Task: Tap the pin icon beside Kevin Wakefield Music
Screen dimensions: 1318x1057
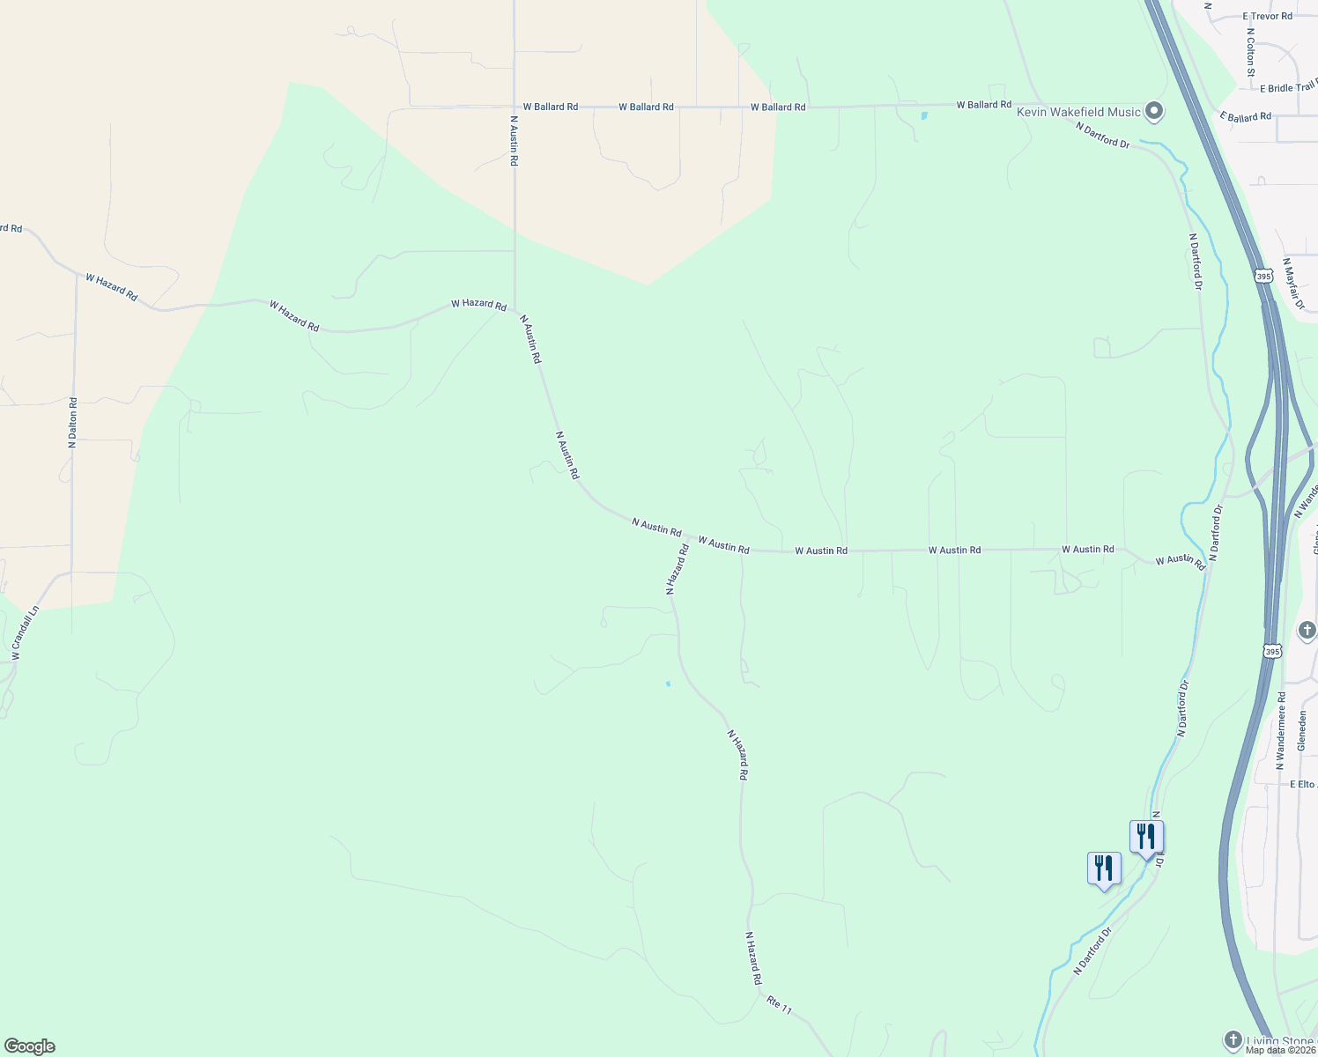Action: (1154, 112)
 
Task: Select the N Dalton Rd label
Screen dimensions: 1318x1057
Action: (73, 423)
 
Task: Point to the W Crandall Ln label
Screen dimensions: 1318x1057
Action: (26, 632)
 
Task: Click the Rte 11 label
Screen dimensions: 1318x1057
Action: (780, 1004)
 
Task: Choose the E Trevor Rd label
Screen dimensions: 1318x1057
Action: (1267, 17)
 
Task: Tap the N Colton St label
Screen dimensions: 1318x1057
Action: (1250, 52)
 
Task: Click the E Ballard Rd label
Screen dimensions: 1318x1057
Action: (1246, 116)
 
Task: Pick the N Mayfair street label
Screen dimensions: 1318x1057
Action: (1293, 284)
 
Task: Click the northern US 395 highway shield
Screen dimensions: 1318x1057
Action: (1264, 276)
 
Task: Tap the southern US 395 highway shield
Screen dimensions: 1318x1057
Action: (1271, 651)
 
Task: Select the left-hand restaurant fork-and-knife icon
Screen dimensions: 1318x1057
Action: (1104, 869)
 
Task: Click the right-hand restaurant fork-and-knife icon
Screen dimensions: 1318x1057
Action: (1146, 837)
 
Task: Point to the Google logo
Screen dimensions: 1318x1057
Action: (30, 1046)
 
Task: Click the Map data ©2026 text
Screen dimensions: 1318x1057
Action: (1280, 1050)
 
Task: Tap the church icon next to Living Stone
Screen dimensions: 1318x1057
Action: (1233, 1041)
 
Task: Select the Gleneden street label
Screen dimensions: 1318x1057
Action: (1302, 731)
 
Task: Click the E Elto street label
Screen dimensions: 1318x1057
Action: (1302, 784)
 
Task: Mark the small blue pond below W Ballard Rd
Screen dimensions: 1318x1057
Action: (924, 115)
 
